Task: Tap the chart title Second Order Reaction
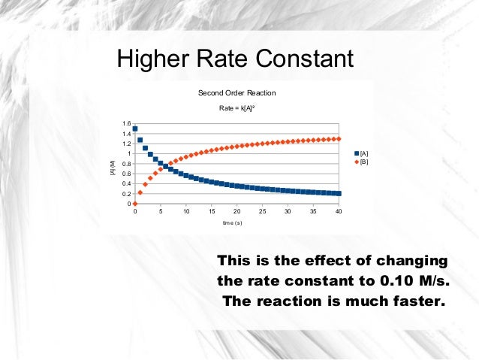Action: (236, 93)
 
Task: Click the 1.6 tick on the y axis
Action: (126, 123)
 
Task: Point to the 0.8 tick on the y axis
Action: (126, 164)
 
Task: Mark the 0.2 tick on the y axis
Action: (126, 194)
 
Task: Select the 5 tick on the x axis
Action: (161, 212)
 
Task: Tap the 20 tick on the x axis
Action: (236, 212)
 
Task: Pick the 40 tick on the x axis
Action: (339, 212)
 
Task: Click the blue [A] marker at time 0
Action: (135, 129)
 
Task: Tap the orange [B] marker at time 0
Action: (135, 204)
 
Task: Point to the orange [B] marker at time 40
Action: (339, 139)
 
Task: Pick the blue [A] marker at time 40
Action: (339, 194)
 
